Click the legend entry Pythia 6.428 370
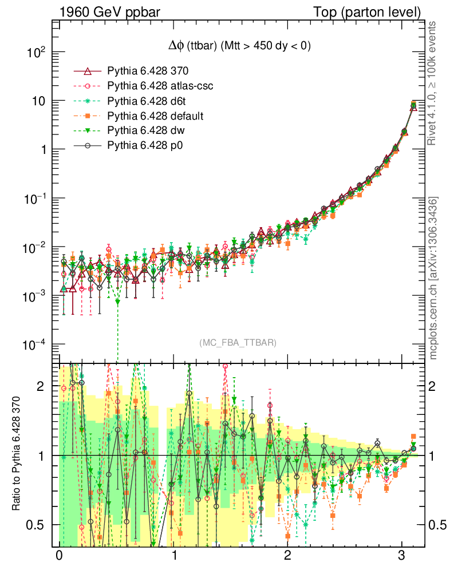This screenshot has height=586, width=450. (148, 72)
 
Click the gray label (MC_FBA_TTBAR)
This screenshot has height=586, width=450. (238, 343)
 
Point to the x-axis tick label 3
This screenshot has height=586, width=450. (402, 556)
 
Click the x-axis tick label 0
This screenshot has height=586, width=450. (59, 556)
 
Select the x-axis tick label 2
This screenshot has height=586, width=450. (287, 556)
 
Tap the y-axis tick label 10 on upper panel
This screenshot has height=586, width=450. (39, 101)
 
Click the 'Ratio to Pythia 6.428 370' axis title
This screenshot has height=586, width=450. (17, 455)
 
